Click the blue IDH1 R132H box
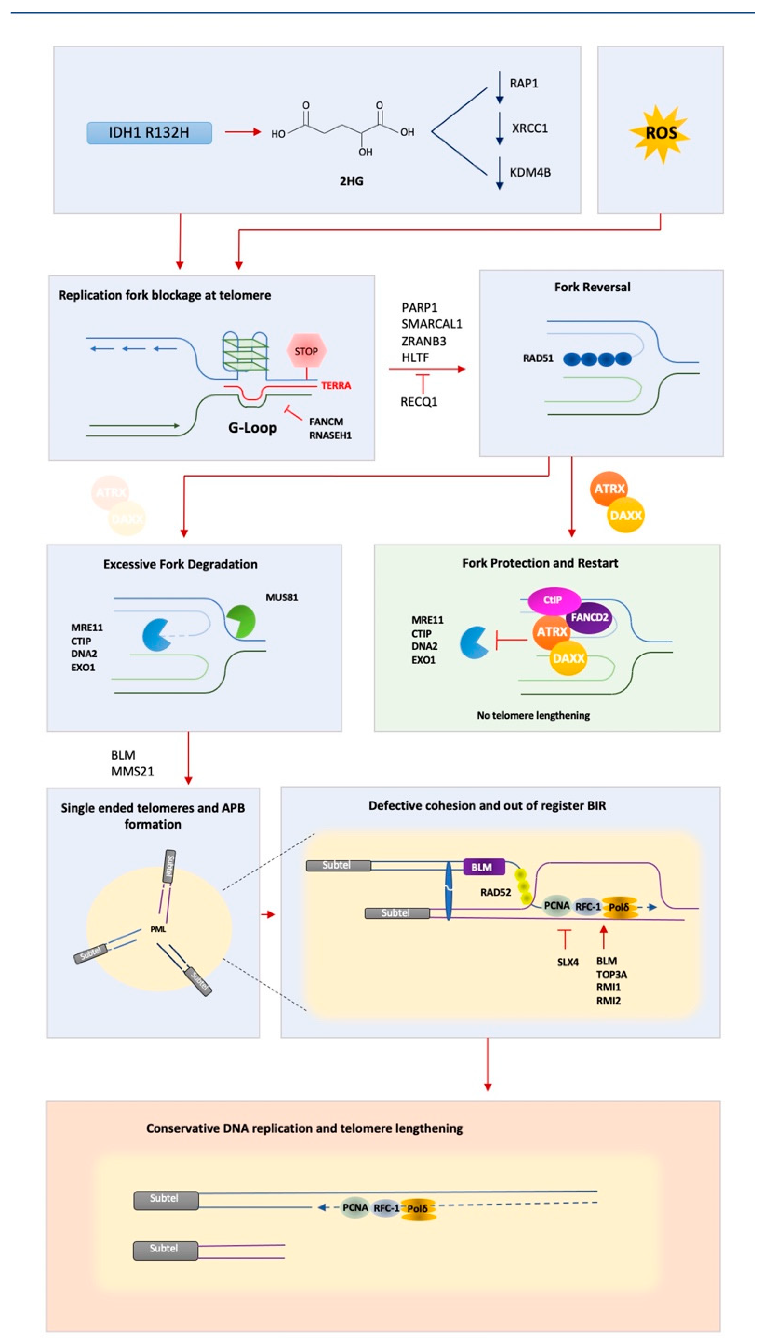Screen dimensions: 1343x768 tap(149, 133)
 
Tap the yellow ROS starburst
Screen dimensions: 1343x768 tap(660, 133)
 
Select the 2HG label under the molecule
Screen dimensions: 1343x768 tap(351, 181)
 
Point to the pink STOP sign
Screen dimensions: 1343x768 tap(306, 351)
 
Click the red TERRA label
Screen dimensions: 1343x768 tap(336, 386)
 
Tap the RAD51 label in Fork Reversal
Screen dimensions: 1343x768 tap(537, 358)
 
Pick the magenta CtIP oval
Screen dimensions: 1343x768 tap(553, 600)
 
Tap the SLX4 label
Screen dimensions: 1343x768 tap(568, 962)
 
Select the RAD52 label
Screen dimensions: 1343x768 tap(495, 892)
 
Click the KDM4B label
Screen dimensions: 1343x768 tap(530, 173)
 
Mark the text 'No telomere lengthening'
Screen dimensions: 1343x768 tap(533, 715)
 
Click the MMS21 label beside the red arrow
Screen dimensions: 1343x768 tap(132, 771)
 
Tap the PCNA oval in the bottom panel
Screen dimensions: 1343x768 tap(355, 1208)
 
